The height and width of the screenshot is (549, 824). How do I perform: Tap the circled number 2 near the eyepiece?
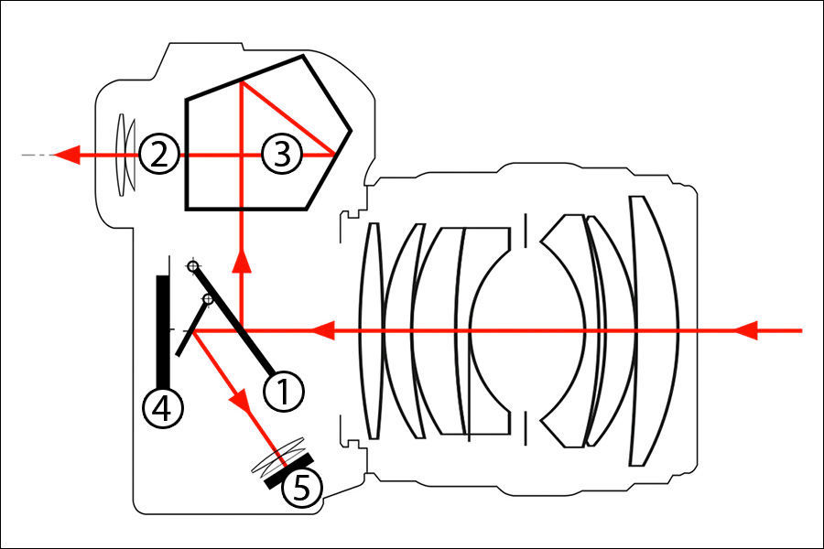click(x=158, y=156)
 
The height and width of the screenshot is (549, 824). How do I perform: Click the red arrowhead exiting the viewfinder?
click(x=63, y=156)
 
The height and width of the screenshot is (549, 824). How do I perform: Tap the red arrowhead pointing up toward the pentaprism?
click(x=242, y=263)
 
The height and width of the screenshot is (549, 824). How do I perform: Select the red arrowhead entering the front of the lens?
click(x=749, y=329)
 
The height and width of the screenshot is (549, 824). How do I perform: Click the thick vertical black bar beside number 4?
click(x=162, y=330)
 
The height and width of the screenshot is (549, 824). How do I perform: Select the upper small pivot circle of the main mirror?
click(x=192, y=266)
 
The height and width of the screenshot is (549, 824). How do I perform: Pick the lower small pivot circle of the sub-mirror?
click(x=208, y=298)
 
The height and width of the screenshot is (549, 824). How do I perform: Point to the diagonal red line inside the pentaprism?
click(x=286, y=119)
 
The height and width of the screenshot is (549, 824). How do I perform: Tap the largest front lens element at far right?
click(x=652, y=329)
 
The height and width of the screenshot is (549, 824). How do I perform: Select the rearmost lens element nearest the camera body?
click(x=372, y=329)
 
